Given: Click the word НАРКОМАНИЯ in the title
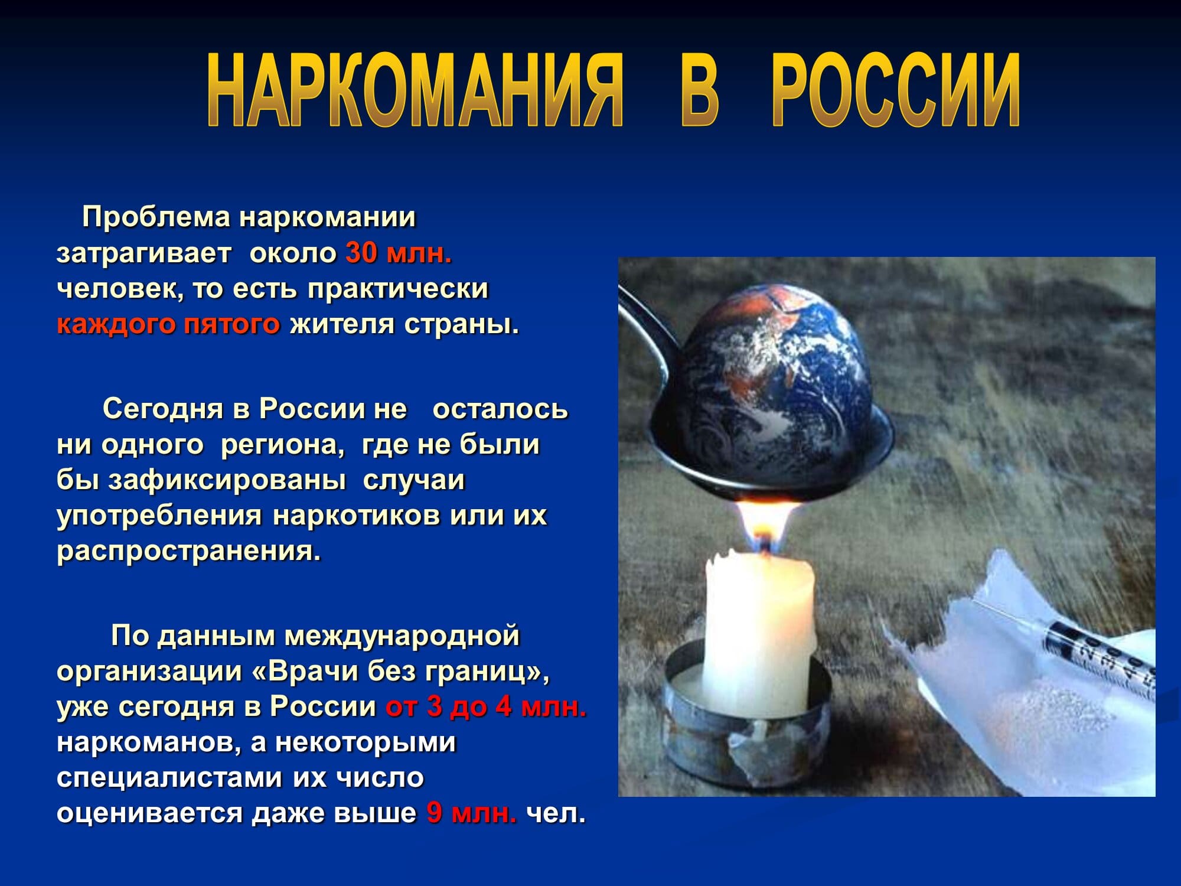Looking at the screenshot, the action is (x=415, y=90).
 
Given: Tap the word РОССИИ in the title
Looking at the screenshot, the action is (x=896, y=90).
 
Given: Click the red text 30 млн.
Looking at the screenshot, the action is (x=399, y=253).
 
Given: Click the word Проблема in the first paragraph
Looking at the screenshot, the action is (x=156, y=217).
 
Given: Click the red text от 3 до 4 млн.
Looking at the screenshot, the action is (x=486, y=707).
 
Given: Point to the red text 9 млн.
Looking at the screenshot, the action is (x=472, y=813).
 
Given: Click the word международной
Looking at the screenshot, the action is (x=402, y=636).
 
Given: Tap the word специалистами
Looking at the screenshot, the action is (x=169, y=778).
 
